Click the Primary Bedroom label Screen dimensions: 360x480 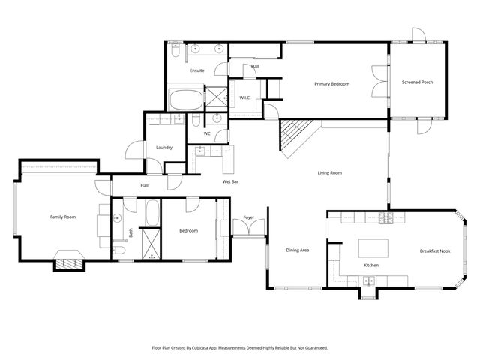point(331,84)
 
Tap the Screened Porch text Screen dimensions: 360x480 point(417,82)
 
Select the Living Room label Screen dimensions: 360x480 point(329,173)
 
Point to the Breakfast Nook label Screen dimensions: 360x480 point(434,250)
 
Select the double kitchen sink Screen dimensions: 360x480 point(368,280)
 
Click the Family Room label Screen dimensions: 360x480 point(63,217)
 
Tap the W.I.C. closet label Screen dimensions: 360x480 point(244,97)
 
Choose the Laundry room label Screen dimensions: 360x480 point(164,148)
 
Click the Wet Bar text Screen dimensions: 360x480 point(230,182)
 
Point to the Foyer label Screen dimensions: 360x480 point(248,219)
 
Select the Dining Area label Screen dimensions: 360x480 point(298,250)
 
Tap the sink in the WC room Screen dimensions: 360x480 point(216,118)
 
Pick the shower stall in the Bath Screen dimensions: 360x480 point(151,244)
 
